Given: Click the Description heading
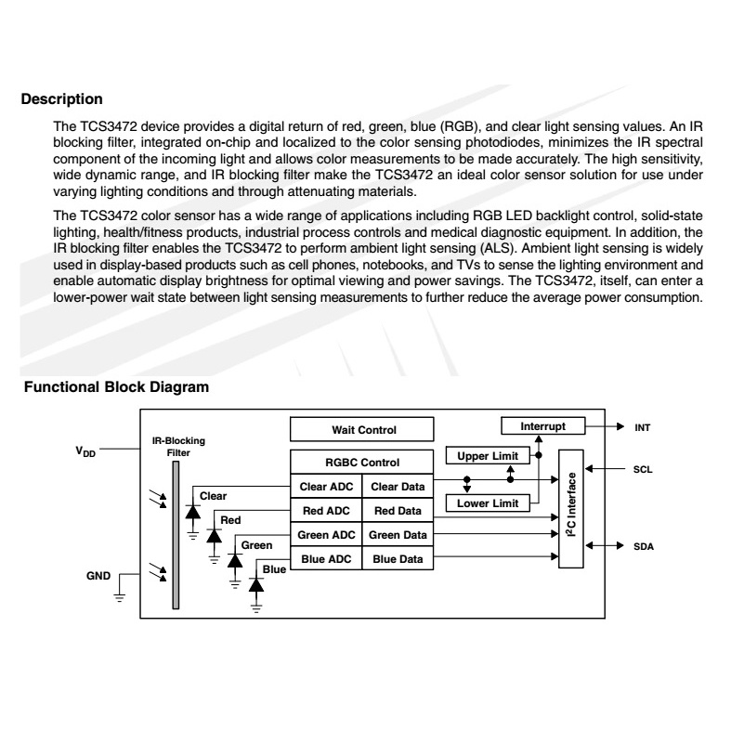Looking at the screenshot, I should click(61, 98).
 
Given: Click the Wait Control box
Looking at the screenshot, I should click(363, 429).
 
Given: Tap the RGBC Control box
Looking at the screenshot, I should click(362, 462).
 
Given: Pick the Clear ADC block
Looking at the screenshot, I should click(326, 486).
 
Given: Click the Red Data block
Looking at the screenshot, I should click(398, 510).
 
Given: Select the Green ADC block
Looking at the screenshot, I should click(326, 534).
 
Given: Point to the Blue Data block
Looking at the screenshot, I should click(398, 558).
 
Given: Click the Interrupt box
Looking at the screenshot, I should click(542, 425).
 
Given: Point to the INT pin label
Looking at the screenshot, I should click(642, 428).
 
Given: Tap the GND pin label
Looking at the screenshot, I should click(99, 576).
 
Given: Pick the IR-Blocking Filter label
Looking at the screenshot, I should click(178, 446).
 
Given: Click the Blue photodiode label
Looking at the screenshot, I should click(274, 568).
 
